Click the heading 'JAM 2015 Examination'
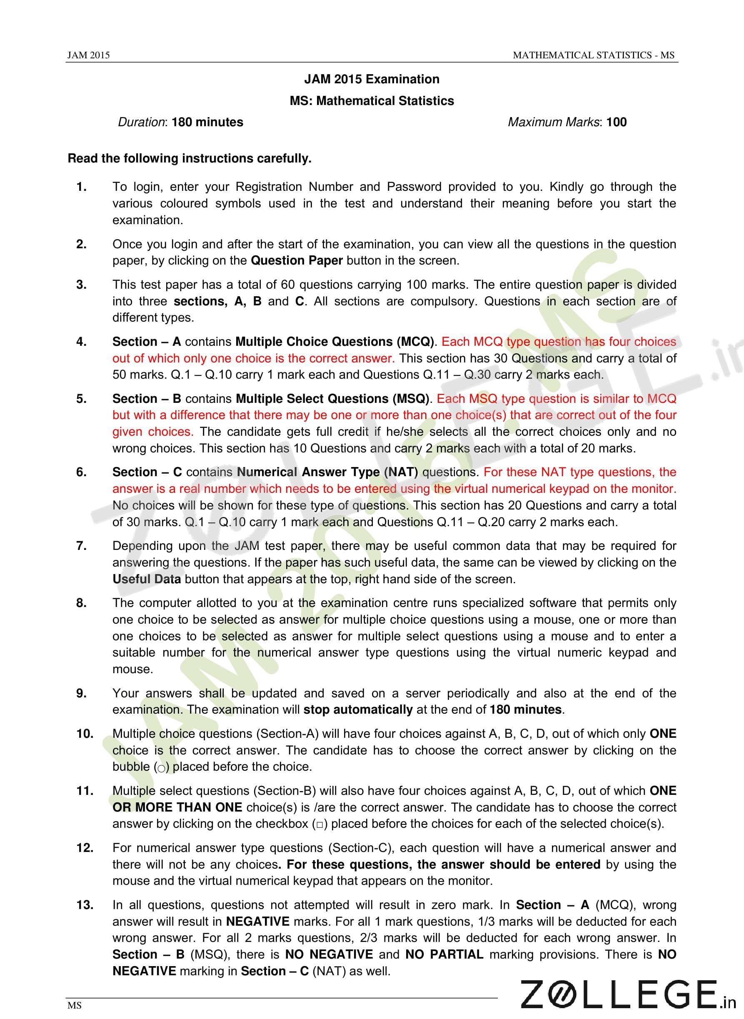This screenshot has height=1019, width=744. coord(372,79)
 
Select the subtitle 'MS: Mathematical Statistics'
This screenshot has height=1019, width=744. coord(372,101)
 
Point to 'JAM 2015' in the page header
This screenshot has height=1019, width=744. coord(88,55)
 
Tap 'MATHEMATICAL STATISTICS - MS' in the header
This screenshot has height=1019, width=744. coord(594,55)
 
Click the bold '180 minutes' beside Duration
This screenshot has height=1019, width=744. coord(207,122)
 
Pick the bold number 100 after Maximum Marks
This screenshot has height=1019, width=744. coord(617,122)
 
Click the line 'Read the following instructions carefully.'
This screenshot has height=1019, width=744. coord(189,158)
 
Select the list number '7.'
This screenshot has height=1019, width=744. coord(82,546)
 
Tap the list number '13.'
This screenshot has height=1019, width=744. coord(85,905)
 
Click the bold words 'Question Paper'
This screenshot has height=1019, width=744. coord(297,261)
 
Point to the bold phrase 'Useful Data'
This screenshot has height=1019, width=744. coord(146,579)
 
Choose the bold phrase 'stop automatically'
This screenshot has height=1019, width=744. coord(358,709)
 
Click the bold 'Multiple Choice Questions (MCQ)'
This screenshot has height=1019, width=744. coord(334,342)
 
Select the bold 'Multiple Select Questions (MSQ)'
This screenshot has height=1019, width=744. coord(332,399)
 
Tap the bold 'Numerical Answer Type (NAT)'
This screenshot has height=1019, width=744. coord(327,472)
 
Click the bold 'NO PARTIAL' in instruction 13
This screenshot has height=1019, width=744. coord(444,954)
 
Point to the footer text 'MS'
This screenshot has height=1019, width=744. coord(74,1006)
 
